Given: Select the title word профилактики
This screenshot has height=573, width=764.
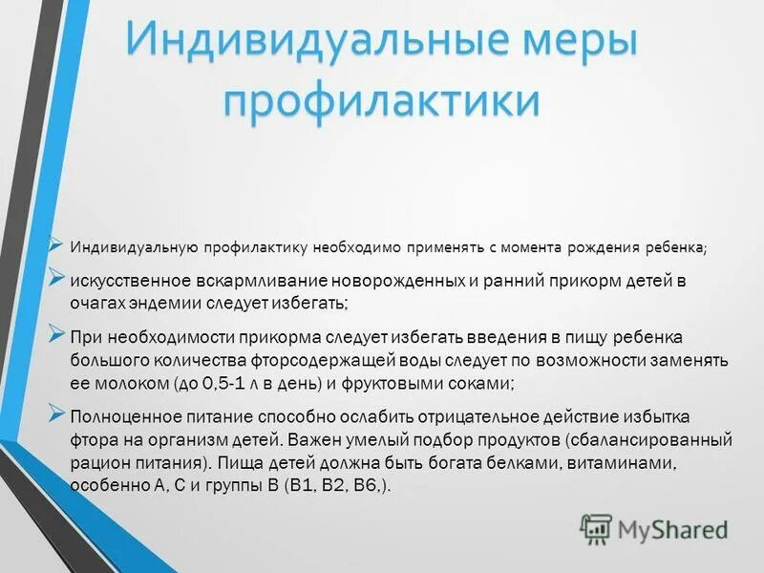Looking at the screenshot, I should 380,100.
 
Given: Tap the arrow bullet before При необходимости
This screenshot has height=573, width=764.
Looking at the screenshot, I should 56,335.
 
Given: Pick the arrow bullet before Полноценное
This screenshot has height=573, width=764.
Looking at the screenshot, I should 56,414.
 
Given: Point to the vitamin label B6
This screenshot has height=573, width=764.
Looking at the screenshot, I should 357,484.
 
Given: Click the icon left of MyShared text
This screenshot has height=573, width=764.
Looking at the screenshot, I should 596,528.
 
